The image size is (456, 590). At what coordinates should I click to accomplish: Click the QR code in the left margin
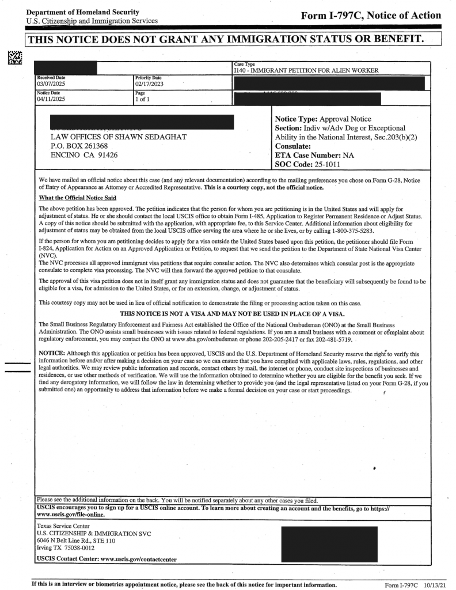pyautogui.click(x=13, y=57)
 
